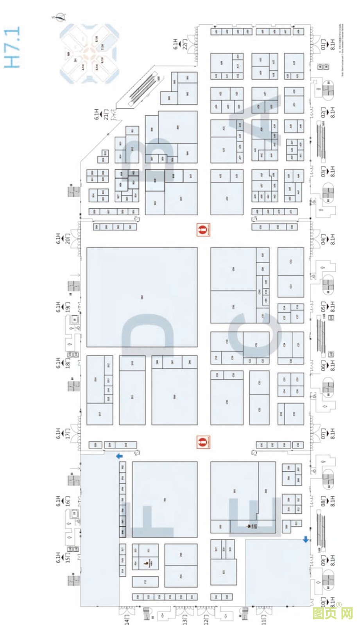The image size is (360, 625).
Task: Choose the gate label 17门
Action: pos(68,433)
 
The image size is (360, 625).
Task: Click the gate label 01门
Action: pos(323,44)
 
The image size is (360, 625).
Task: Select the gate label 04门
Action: pos(323,239)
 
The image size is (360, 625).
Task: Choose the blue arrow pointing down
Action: pos(306,539)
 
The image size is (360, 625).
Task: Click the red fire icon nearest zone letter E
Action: pos(203,442)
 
